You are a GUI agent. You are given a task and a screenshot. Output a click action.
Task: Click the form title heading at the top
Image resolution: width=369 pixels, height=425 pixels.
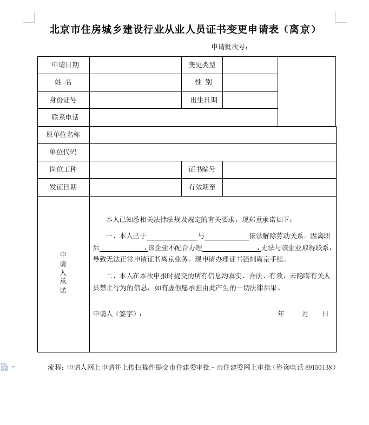tap(183, 30)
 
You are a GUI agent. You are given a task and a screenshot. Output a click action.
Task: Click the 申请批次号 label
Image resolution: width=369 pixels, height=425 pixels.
tap(230, 47)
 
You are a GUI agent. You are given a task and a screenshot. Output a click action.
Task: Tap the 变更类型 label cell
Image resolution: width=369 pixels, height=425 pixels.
tap(202, 65)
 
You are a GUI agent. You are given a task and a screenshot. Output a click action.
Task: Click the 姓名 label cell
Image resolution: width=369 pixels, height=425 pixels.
tap(63, 82)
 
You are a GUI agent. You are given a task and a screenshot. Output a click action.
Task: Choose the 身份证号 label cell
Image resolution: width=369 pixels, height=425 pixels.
tap(63, 100)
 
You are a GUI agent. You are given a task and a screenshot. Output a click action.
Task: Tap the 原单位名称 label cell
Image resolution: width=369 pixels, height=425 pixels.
tap(63, 135)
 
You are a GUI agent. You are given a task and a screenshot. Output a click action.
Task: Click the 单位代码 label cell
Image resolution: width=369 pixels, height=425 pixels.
tap(63, 152)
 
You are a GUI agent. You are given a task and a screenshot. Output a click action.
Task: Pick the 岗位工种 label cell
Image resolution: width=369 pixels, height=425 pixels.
tap(63, 169)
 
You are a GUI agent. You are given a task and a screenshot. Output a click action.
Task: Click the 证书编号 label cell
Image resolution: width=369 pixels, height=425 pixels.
tap(202, 169)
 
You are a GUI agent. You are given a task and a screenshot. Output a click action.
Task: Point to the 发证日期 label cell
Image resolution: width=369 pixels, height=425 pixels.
tap(63, 187)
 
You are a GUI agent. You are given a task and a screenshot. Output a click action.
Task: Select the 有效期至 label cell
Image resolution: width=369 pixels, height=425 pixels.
tap(202, 187)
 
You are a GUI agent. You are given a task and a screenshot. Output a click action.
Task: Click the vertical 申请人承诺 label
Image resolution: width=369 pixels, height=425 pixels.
tap(63, 273)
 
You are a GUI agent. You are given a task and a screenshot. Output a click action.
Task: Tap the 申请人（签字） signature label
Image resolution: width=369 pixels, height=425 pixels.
tap(118, 314)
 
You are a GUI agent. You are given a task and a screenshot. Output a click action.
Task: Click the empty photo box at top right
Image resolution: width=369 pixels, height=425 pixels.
tap(307, 91)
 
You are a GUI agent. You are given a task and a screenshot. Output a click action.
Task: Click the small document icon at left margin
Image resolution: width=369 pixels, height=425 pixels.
tap(5, 367)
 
